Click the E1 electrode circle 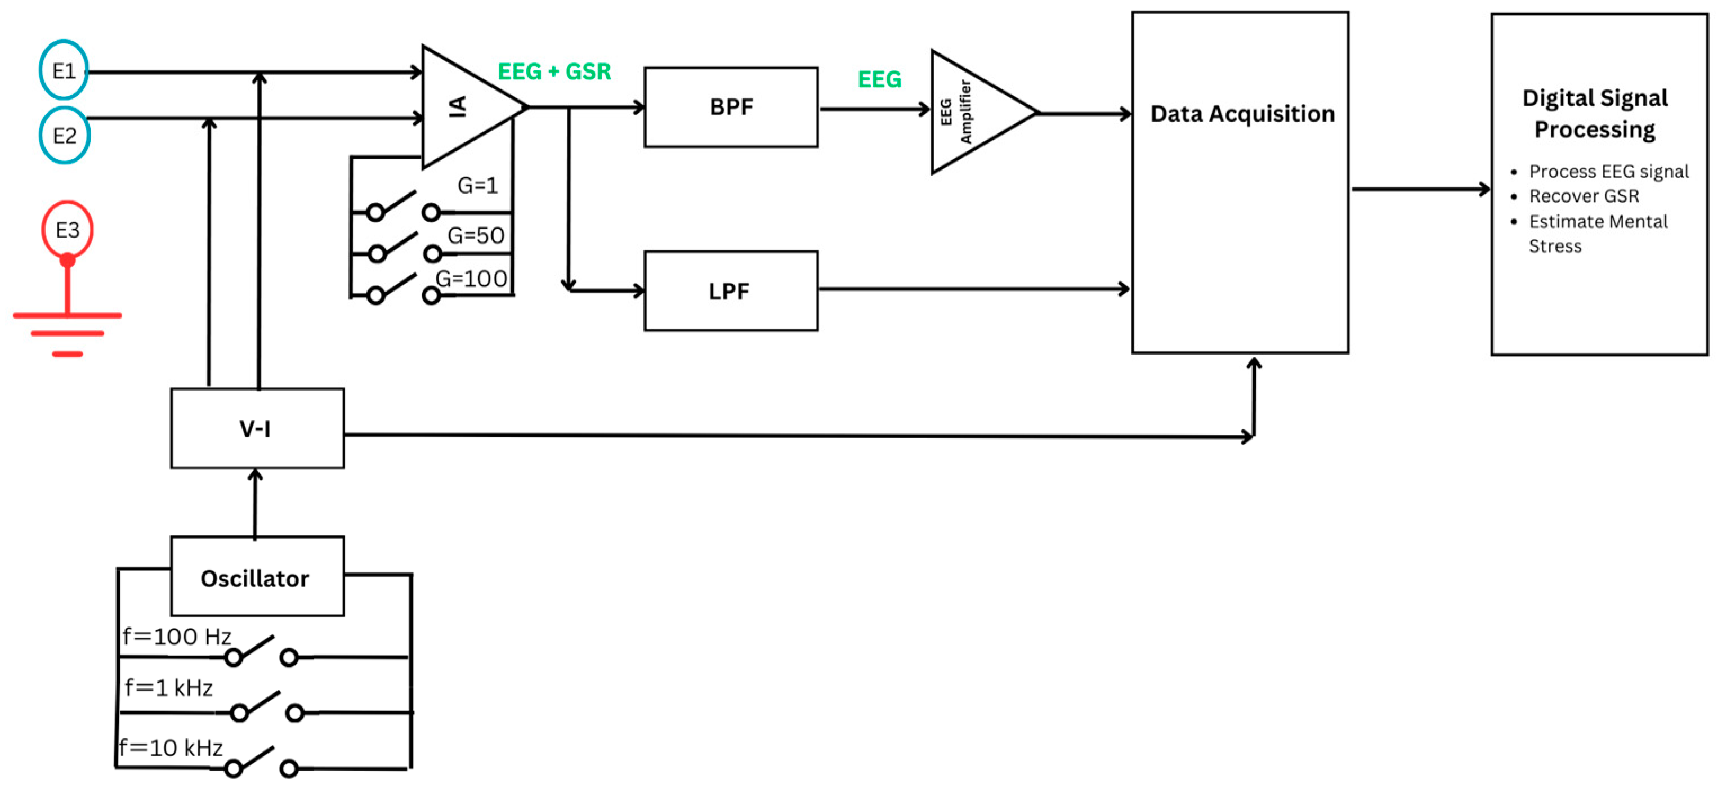click(64, 70)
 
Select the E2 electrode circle click(64, 136)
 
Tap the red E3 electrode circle click(68, 230)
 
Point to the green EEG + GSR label click(554, 71)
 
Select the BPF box click(731, 107)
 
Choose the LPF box click(731, 291)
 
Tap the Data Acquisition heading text click(1242, 114)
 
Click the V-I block click(257, 428)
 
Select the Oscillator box click(257, 577)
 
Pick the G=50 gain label click(475, 235)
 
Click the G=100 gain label click(471, 278)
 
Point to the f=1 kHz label click(168, 687)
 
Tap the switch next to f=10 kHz click(261, 763)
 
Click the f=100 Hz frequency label click(177, 635)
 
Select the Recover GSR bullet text click(1584, 196)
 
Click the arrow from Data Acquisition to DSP click(1420, 189)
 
